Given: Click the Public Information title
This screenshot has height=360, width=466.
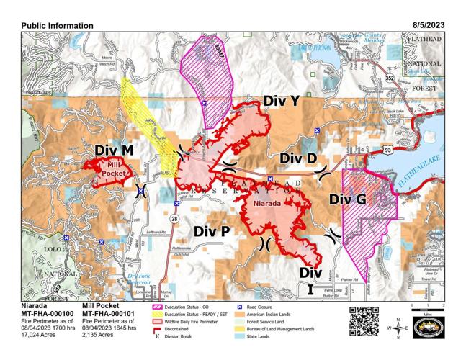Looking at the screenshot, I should [x=57, y=25].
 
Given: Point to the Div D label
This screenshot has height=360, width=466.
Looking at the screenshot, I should [x=298, y=158].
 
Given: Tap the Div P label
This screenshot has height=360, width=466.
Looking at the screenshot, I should [x=212, y=231].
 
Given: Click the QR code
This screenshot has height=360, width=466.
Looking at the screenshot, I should [x=364, y=318].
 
